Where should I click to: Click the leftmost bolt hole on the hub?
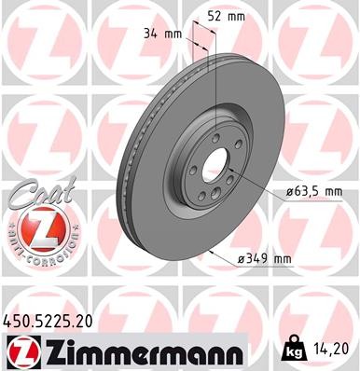(x=191, y=170)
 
